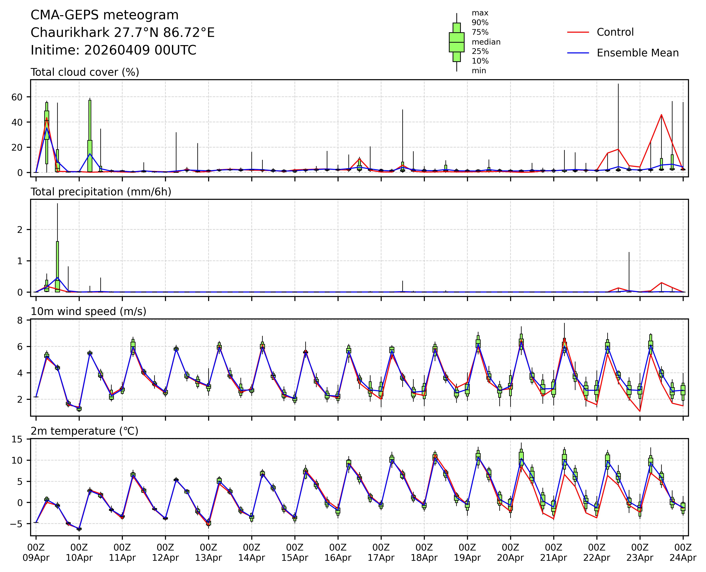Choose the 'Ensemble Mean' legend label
637,53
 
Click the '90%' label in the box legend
480,23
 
